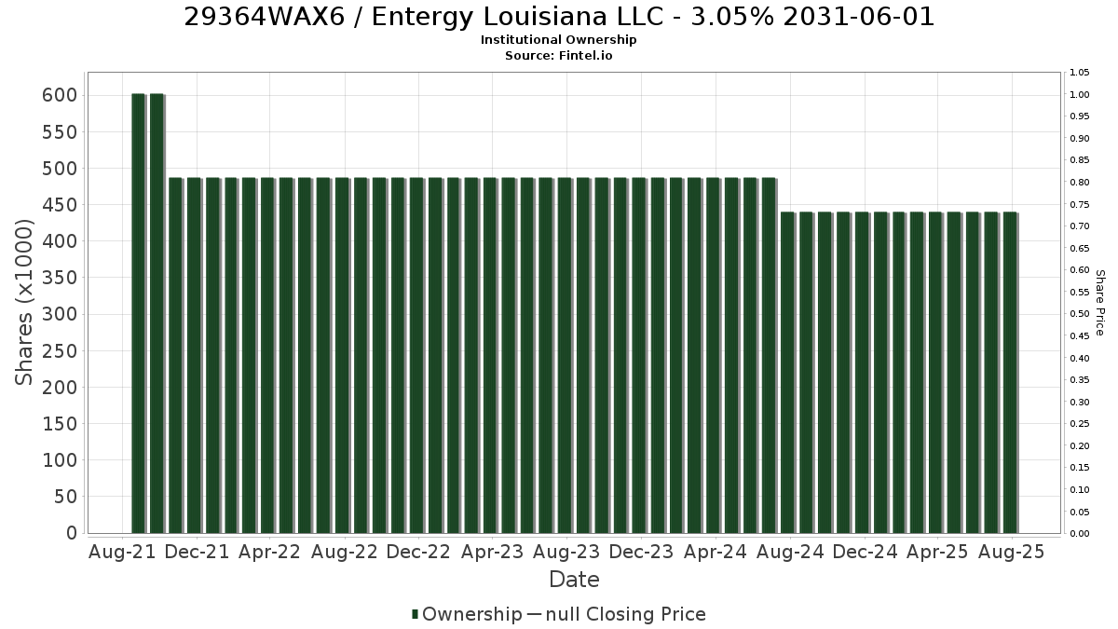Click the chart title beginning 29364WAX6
tap(559, 17)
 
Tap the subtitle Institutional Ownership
tap(558, 40)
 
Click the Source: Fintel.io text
tap(558, 55)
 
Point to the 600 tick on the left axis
tap(60, 95)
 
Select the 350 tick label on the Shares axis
tap(60, 278)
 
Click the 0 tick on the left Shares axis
tap(72, 533)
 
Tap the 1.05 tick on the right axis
tap(1080, 73)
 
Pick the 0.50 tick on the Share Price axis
tap(1080, 314)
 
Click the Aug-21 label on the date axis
tap(122, 552)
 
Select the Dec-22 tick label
tap(418, 552)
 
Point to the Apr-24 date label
tap(716, 552)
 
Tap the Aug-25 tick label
tap(1011, 552)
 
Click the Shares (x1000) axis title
tap(23, 303)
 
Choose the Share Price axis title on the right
tap(1100, 303)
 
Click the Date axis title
tap(574, 580)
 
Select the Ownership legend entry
tap(467, 614)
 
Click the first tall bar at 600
tap(138, 313)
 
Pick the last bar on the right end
tap(1010, 373)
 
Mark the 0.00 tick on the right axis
tap(1080, 534)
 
